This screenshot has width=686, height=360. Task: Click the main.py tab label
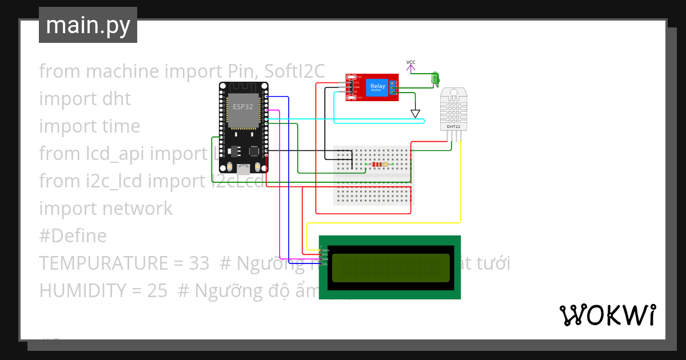(87, 25)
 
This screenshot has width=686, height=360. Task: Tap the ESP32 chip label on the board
(243, 107)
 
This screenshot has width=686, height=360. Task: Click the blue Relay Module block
(377, 87)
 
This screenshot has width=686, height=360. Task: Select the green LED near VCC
(435, 78)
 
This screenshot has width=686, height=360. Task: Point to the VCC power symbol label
(411, 62)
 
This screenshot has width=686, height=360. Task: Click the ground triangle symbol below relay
(416, 113)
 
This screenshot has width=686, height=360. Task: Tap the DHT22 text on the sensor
(453, 126)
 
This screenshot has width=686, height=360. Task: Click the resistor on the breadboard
(379, 165)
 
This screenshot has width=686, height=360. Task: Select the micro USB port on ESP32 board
(244, 169)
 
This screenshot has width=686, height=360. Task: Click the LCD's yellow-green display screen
(390, 268)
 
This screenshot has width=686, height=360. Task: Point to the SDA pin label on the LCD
(325, 259)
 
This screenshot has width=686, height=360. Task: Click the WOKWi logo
(607, 315)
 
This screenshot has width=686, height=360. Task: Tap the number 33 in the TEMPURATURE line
(198, 263)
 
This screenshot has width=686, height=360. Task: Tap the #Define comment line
(73, 236)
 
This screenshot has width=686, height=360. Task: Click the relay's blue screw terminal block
(393, 87)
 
